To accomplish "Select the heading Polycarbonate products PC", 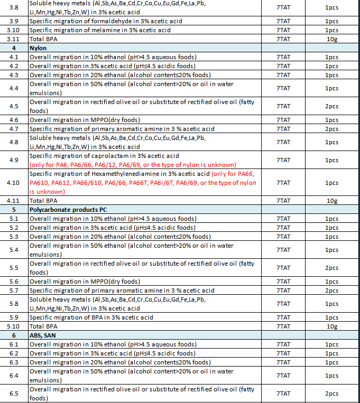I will (68, 210).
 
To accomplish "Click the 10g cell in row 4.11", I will (332, 201).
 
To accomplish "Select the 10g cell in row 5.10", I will (332, 326).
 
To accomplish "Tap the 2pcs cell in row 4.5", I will (332, 106).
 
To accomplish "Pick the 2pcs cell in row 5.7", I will (332, 290).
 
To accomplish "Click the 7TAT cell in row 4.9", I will (283, 160).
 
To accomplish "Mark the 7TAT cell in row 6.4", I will (283, 376).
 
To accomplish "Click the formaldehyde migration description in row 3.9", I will (106, 21).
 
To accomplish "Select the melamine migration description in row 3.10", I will (100, 30).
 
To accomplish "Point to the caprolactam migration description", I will (104, 156).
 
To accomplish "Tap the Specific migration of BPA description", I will (91, 317).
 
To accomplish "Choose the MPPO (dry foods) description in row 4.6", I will (85, 120).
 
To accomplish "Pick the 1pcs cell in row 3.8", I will (332, 8).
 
